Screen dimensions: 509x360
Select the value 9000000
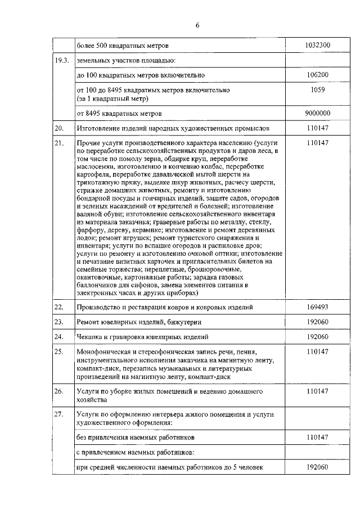(x=317, y=113)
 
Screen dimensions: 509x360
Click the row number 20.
(x=59, y=128)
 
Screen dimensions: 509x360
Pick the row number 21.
(x=59, y=143)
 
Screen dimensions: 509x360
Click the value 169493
(x=317, y=307)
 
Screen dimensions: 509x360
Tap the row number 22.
(x=59, y=307)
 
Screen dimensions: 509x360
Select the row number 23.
(x=59, y=322)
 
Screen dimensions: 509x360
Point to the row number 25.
(x=59, y=352)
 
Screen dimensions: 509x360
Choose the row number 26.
(x=59, y=390)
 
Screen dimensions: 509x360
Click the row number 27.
(x=59, y=414)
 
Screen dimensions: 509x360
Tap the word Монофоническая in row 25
(x=104, y=352)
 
